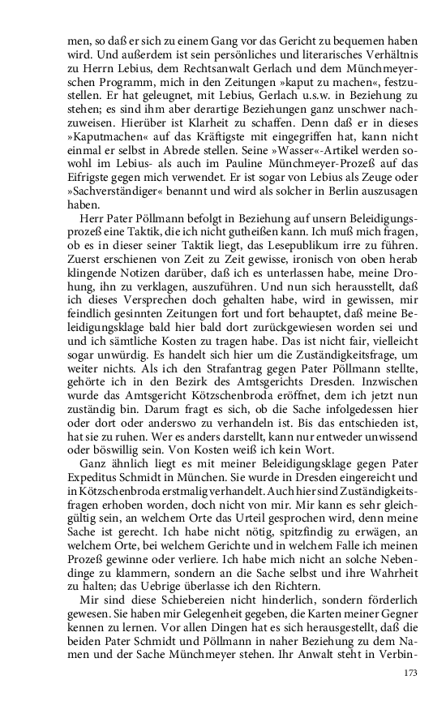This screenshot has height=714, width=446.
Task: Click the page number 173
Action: [412, 673]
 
